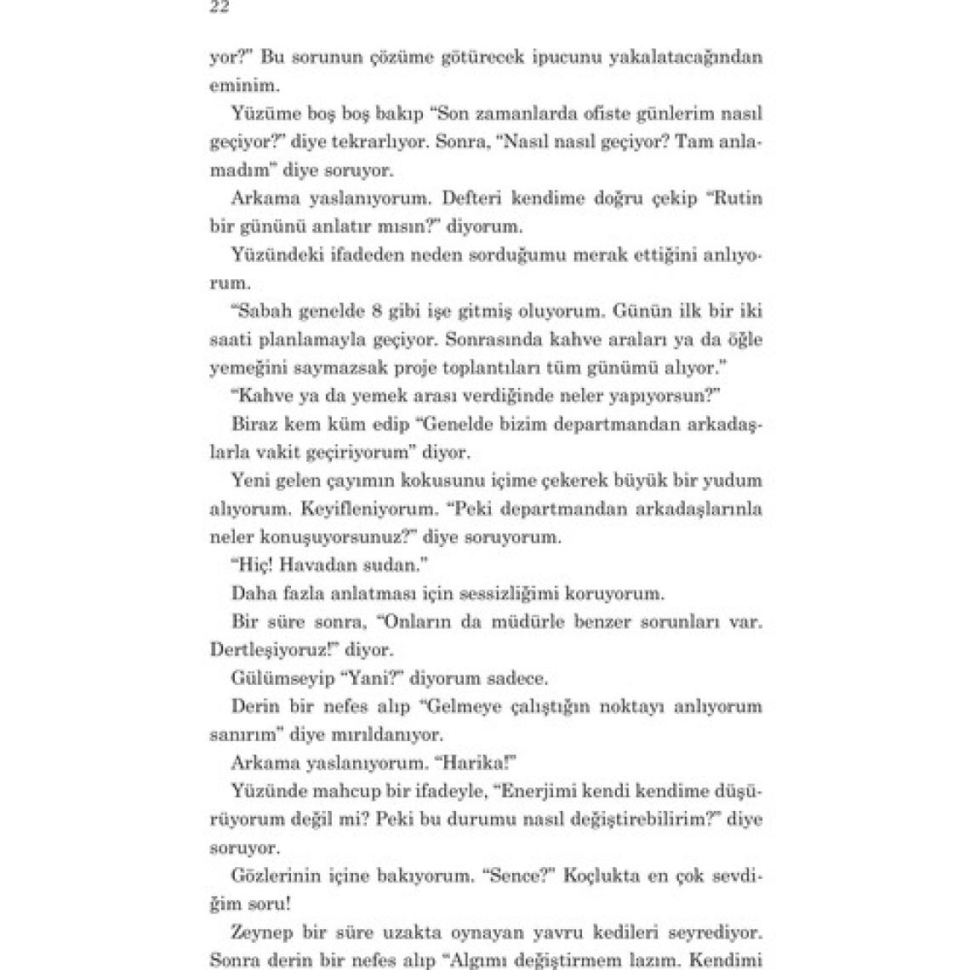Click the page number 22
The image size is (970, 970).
pos(220,8)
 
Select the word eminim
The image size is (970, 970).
pos(237,85)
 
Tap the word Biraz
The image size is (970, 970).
pos(254,424)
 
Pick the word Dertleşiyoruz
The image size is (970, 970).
pos(271,649)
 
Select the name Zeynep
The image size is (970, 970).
pos(260,932)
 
